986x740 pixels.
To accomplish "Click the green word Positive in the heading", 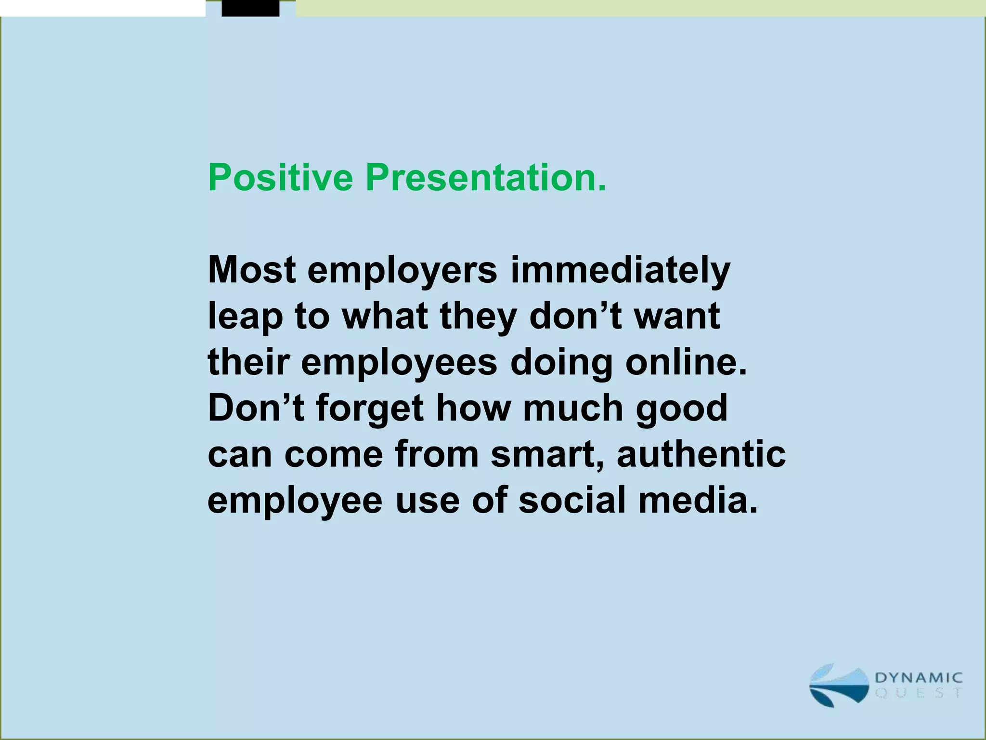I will point(280,178).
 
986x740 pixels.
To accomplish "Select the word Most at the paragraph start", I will point(251,270).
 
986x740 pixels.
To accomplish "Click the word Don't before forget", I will point(256,408).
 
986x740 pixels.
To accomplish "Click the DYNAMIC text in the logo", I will point(918,678).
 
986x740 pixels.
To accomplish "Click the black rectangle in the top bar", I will point(250,8).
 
